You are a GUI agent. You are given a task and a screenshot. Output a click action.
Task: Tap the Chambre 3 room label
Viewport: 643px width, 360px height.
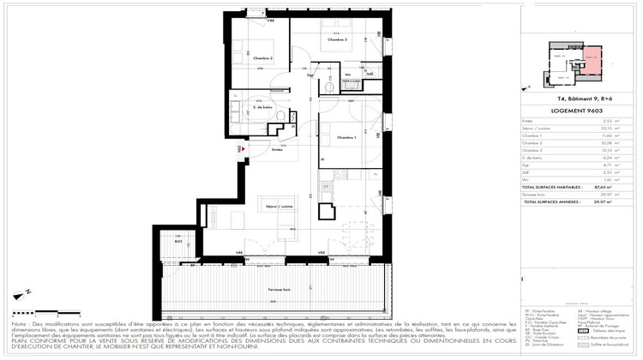pos(337,39)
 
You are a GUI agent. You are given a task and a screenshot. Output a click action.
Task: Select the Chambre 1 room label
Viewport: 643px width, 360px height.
pos(346,137)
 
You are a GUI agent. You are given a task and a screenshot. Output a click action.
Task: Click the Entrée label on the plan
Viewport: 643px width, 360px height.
pos(277,150)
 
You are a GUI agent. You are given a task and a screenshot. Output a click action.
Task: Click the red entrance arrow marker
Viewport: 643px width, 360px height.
pos(243,149)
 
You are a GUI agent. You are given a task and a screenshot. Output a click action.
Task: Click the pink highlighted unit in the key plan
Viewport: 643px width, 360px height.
pos(590,63)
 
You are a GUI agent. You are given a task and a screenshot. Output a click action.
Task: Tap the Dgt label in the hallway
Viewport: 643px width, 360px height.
pos(309,76)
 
